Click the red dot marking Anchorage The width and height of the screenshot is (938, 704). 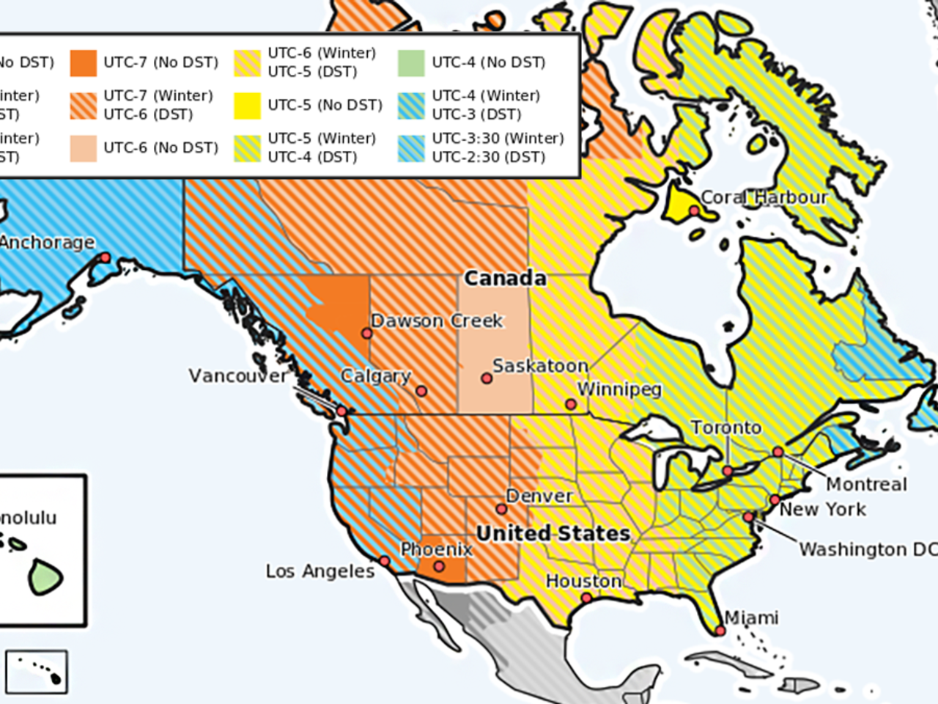pyautogui.click(x=105, y=257)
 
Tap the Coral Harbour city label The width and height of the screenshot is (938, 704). pyautogui.click(x=764, y=197)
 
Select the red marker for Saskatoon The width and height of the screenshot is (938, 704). pyautogui.click(x=487, y=378)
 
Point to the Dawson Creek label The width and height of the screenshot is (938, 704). pyautogui.click(x=437, y=320)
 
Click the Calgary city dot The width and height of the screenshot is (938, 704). pyautogui.click(x=421, y=391)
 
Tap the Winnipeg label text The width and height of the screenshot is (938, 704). pyautogui.click(x=619, y=389)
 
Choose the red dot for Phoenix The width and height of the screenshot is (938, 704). pyautogui.click(x=439, y=566)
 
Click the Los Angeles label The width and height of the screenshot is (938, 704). pyautogui.click(x=320, y=571)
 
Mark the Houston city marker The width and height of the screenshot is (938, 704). pyautogui.click(x=586, y=598)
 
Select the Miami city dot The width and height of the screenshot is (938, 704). pyautogui.click(x=720, y=631)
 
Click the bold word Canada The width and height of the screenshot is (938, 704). pyautogui.click(x=506, y=278)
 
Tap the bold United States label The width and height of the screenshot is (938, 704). pyautogui.click(x=553, y=533)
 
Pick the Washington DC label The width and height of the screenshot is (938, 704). pyautogui.click(x=867, y=549)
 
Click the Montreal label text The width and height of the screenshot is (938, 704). pyautogui.click(x=866, y=484)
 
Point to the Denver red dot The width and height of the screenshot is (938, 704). pyautogui.click(x=502, y=509)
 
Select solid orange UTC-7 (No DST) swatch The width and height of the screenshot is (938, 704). pyautogui.click(x=84, y=63)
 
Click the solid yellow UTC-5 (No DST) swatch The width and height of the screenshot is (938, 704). pyautogui.click(x=248, y=106)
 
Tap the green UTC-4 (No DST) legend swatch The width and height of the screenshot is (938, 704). pyautogui.click(x=411, y=63)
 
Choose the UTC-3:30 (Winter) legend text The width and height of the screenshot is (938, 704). pyautogui.click(x=498, y=138)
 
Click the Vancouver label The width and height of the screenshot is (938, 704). pyautogui.click(x=238, y=375)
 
